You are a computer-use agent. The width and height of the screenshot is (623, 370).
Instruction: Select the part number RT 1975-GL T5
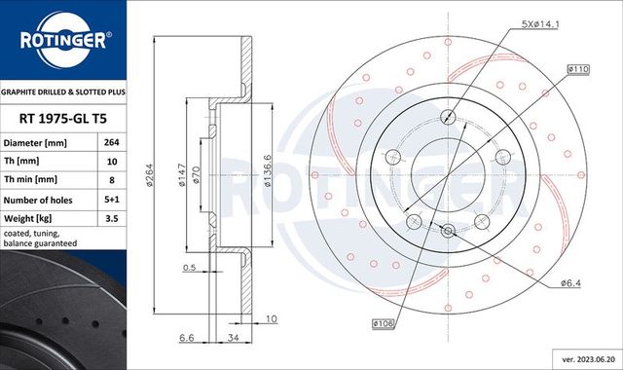62,119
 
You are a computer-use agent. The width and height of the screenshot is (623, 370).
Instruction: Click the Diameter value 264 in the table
112,143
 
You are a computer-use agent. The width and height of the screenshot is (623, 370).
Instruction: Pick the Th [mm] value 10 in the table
112,163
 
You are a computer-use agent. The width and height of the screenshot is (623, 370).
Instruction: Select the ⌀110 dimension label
580,70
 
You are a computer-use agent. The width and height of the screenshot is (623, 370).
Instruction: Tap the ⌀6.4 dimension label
572,283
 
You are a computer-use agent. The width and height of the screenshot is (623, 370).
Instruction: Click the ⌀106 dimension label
383,322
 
